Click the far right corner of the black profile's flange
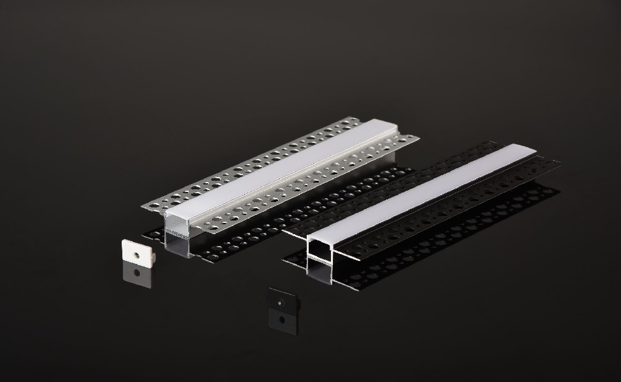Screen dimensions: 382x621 (559, 163)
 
